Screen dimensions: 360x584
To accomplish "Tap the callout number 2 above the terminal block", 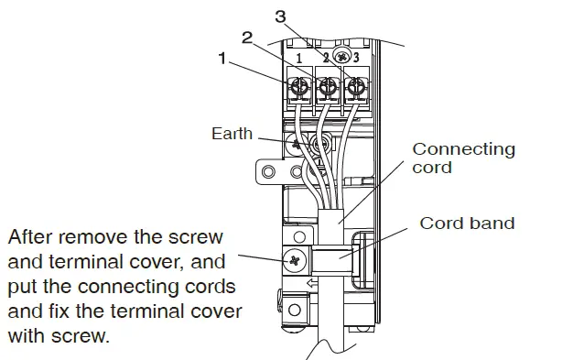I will tap(246, 37).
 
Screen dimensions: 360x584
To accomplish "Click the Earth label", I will tap(232, 134).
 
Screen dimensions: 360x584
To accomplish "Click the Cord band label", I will tap(467, 223).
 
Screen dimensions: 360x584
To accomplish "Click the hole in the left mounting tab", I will tap(268, 171).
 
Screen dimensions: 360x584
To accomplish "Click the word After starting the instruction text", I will tap(34, 238).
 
